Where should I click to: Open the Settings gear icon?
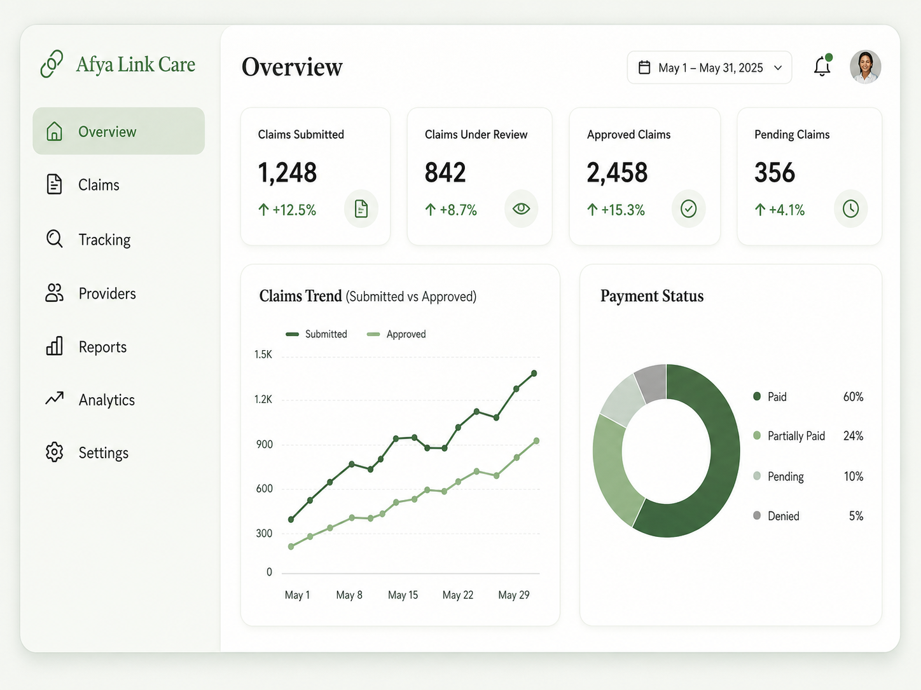[x=54, y=452]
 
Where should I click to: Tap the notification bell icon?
[x=822, y=66]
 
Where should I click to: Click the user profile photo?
[x=865, y=67]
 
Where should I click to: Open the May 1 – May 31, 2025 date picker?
[x=710, y=67]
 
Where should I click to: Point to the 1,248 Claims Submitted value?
[x=287, y=173]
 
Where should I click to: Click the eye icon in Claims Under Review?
[x=521, y=208]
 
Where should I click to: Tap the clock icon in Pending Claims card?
[x=850, y=208]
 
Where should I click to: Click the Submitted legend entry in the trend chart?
[x=316, y=334]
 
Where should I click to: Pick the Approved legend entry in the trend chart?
[x=396, y=334]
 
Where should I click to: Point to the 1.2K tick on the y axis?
[x=263, y=399]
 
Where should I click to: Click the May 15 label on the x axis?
[x=403, y=595]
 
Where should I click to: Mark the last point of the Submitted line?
[x=534, y=374]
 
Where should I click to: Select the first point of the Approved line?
[x=291, y=546]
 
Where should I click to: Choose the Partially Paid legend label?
[x=796, y=436]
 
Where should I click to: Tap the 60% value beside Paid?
[x=853, y=396]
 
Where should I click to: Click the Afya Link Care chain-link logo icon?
[x=52, y=64]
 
